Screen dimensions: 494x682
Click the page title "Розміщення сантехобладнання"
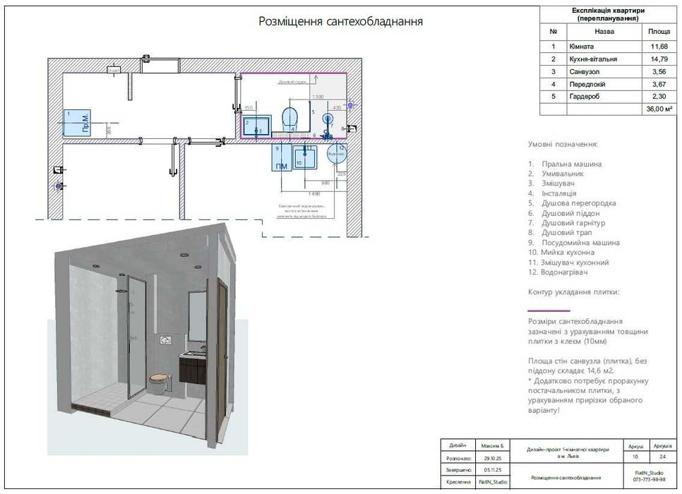tap(341, 21)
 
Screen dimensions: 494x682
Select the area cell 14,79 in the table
tap(658, 59)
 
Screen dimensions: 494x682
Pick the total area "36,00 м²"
tap(658, 109)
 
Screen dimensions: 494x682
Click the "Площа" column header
tap(658, 32)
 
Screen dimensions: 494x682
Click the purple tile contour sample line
tap(549, 311)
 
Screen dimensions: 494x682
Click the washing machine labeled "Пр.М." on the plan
tap(76, 123)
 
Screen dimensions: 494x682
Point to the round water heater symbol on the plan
tap(337, 152)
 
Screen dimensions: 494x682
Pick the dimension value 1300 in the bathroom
tap(318, 96)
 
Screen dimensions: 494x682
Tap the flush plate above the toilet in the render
tap(165, 339)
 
